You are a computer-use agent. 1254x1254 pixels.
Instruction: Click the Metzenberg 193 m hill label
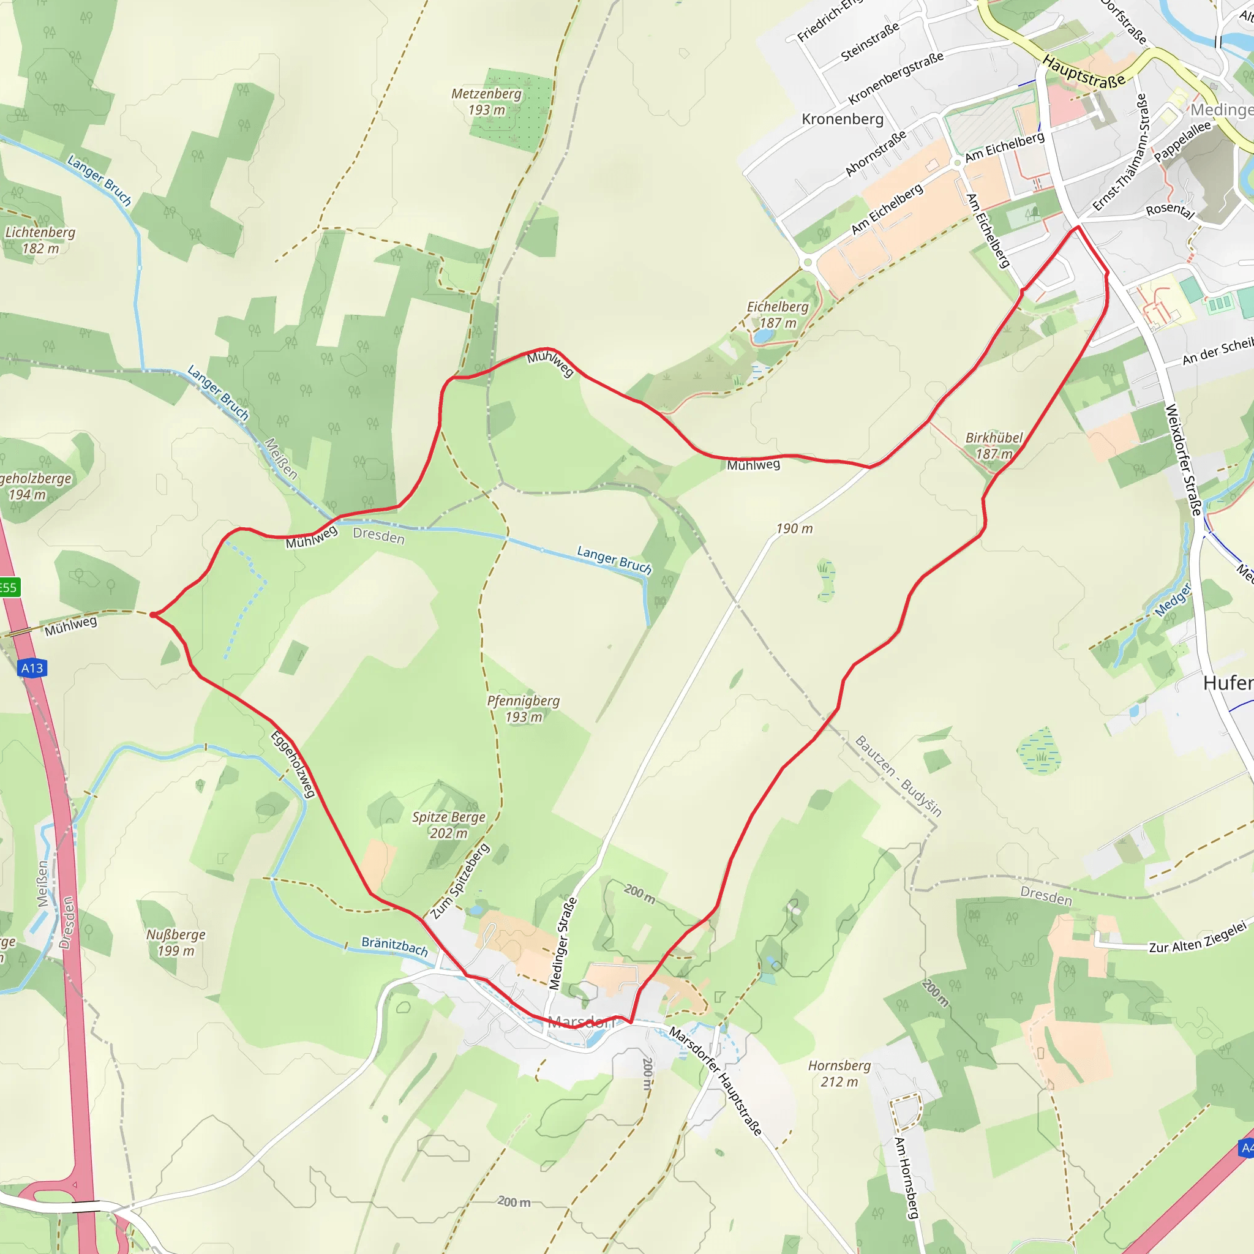coord(487,102)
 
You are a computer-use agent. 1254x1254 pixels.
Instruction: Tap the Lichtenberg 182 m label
coord(40,240)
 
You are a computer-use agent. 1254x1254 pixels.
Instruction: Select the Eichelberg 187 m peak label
coord(778,315)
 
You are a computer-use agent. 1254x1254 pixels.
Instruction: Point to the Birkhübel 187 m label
coord(994,446)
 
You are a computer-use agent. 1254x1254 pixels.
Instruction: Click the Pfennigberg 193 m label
coord(523,709)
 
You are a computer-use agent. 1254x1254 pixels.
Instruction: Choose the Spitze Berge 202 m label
coord(448,825)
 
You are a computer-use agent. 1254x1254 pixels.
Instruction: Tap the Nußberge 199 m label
coord(176,942)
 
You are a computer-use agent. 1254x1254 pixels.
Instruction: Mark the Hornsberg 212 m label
coord(839,1073)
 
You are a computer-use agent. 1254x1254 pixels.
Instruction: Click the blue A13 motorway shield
coord(32,668)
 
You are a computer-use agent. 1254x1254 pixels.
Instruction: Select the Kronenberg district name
coord(843,119)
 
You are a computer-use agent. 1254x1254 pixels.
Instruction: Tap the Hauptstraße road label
coord(1083,72)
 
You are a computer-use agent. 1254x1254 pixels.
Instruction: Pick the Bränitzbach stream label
coord(395,947)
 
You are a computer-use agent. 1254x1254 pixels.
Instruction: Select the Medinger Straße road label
coord(562,943)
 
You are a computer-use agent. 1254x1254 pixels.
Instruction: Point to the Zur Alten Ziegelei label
coord(1198,939)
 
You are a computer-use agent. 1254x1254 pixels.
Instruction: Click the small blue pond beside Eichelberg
coord(764,336)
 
